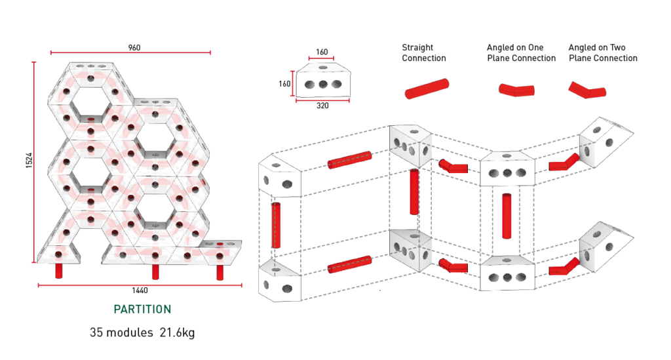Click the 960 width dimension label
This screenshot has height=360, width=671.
coord(134,47)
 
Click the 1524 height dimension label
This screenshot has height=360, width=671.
coord(29,162)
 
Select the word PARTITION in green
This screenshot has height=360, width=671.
coord(142,310)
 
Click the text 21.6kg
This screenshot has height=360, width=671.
coord(177,333)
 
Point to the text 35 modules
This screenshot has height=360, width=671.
coord(122,333)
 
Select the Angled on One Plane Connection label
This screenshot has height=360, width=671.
coord(521,53)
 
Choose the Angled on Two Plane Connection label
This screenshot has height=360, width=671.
coord(603,53)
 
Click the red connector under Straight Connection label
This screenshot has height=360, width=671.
coord(426,89)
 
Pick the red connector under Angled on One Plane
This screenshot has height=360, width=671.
coord(518,90)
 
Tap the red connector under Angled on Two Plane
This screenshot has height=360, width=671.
coord(585,90)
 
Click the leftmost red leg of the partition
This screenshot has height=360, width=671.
coord(60,270)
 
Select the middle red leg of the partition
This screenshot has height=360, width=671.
coord(155,270)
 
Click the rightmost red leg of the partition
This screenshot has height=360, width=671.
coord(219,270)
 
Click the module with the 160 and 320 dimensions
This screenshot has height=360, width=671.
coord(322,81)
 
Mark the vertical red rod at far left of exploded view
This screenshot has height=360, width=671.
coord(276,225)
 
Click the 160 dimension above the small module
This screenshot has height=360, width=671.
coord(322,52)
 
